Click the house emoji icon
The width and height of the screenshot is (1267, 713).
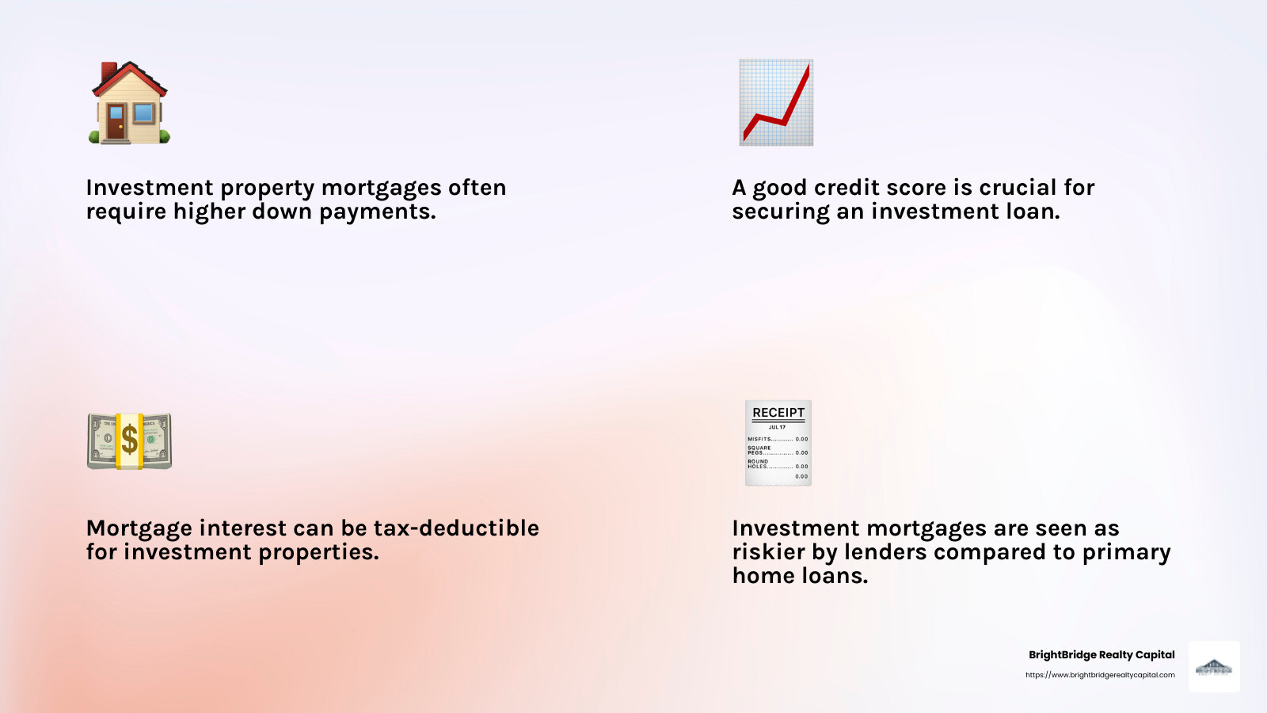click(129, 104)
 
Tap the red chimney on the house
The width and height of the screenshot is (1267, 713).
click(109, 71)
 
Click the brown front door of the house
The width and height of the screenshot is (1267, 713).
click(116, 123)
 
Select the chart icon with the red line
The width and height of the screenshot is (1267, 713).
click(776, 102)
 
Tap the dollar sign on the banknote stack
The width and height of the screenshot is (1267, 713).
click(129, 440)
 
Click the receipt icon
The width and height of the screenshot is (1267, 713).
click(778, 443)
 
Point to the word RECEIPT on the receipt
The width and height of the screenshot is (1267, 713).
click(778, 413)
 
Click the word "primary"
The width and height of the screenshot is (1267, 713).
click(1126, 552)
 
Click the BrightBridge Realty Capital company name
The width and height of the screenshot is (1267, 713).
click(1101, 654)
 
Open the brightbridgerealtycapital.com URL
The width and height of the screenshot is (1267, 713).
click(1100, 675)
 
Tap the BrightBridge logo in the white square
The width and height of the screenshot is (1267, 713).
click(1214, 667)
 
